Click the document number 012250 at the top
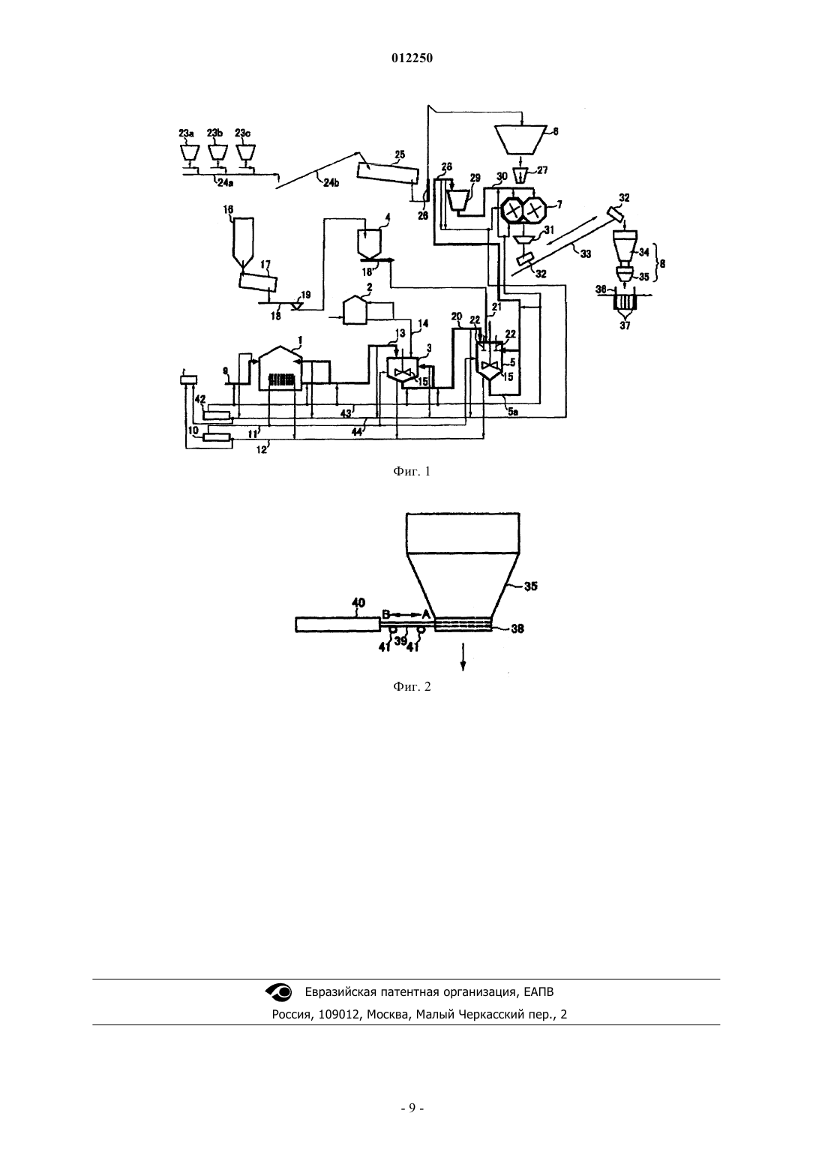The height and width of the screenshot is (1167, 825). (412, 58)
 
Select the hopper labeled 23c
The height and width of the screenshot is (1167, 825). (245, 151)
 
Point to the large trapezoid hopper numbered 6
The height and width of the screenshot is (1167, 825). (520, 139)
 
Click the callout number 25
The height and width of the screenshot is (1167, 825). (400, 154)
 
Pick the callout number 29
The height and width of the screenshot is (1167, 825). (475, 178)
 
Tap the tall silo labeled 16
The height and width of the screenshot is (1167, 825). (243, 243)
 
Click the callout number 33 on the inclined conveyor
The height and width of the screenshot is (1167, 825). (586, 254)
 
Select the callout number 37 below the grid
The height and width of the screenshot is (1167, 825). (625, 325)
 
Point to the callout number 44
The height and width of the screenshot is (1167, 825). (357, 432)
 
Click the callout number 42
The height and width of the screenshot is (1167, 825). (200, 399)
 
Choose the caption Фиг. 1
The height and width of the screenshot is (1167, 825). (412, 472)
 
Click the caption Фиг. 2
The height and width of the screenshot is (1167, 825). (412, 687)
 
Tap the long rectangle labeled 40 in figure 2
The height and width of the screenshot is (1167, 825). (337, 625)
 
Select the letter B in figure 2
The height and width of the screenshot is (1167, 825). (386, 614)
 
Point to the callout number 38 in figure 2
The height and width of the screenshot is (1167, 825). (517, 628)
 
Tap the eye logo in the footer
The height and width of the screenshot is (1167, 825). (279, 991)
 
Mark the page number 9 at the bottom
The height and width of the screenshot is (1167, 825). (412, 1108)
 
